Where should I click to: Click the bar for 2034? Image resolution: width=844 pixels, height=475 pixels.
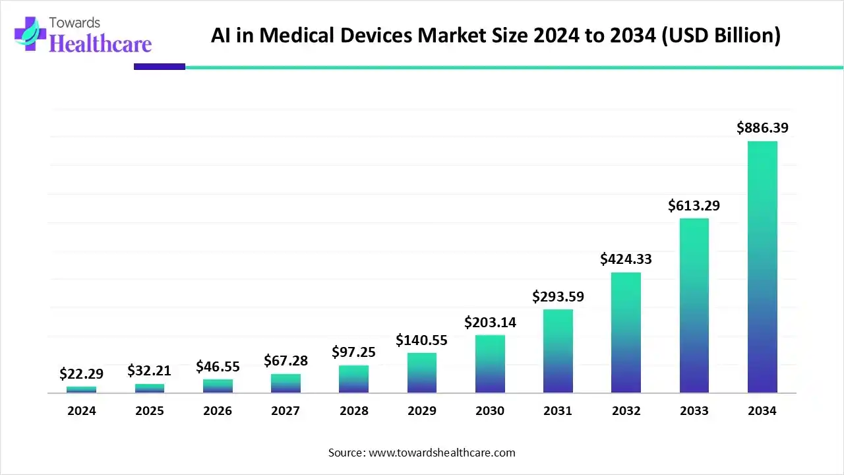pos(762,267)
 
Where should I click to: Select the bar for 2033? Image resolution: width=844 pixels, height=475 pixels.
pos(694,305)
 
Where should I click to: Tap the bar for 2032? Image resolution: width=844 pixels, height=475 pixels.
pos(626,332)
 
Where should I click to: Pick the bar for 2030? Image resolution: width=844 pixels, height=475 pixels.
pos(490,364)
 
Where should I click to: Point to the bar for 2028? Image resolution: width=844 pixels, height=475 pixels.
pos(353,379)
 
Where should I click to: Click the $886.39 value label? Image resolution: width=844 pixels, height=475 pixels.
pos(762,127)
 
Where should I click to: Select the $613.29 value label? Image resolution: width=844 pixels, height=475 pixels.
pos(694,205)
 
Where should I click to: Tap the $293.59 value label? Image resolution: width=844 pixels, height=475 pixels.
pos(558,296)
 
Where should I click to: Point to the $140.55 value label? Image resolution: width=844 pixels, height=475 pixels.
pos(421,340)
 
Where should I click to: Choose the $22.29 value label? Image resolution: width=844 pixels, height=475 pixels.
pos(81,374)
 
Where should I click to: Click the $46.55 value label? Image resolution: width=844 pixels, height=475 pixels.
pos(218,366)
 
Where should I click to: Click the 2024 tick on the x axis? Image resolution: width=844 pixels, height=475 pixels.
pos(81,410)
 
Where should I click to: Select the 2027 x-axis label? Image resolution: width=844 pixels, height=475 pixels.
pos(286,410)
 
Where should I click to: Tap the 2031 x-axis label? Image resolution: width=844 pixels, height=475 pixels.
pos(558,410)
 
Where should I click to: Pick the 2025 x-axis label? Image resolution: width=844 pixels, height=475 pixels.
pos(150,410)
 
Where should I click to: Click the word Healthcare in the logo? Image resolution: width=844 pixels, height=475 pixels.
pos(100,44)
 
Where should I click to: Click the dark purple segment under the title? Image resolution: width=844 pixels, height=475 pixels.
pos(160,67)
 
